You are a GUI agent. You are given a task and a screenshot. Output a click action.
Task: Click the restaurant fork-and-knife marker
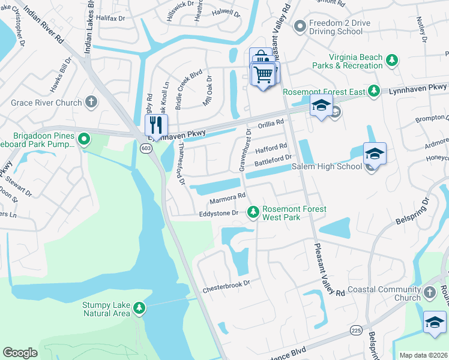click(155, 125)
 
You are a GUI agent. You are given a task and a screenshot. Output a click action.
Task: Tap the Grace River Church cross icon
click(91, 102)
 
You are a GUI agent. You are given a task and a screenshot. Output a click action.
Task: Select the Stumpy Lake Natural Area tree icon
click(139, 308)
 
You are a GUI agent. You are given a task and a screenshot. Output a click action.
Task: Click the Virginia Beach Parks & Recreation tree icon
click(392, 60)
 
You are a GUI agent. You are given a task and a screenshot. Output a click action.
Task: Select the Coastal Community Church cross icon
click(429, 292)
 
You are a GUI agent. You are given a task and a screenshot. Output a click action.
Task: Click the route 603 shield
click(145, 148)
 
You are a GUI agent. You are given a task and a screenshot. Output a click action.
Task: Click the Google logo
click(20, 353)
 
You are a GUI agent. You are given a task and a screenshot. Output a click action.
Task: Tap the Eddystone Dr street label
click(219, 213)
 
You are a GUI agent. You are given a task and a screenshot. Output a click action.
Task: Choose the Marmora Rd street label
click(228, 197)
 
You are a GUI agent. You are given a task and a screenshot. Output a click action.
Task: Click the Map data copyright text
click(423, 355)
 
